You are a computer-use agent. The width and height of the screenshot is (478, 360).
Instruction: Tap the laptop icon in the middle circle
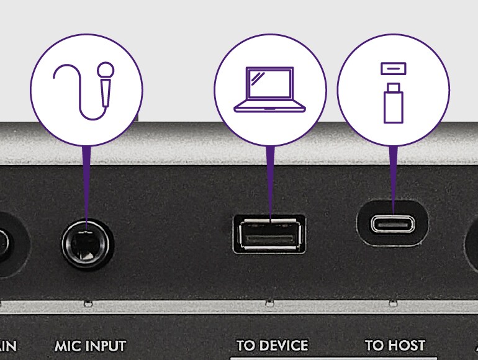tap(269, 91)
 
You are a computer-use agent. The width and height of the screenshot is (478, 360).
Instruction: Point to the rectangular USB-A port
tap(269, 234)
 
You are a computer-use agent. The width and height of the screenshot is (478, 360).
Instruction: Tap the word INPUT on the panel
tap(105, 346)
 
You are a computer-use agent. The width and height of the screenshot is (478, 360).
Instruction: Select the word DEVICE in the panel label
tap(282, 345)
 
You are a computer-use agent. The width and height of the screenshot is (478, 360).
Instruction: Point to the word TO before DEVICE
tap(246, 345)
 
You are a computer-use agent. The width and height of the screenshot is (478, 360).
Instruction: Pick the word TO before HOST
tap(374, 345)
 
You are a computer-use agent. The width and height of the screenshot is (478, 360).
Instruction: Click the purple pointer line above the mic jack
tap(86, 180)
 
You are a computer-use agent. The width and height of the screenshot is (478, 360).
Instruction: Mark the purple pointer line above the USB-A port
tap(269, 183)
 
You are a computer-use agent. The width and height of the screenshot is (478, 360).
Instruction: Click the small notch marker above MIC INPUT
tap(89, 304)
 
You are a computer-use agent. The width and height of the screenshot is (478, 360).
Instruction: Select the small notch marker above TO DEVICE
tap(269, 304)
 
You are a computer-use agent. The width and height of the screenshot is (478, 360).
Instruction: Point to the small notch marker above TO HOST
tap(392, 304)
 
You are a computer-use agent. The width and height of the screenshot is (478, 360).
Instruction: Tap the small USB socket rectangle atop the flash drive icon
tap(393, 66)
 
